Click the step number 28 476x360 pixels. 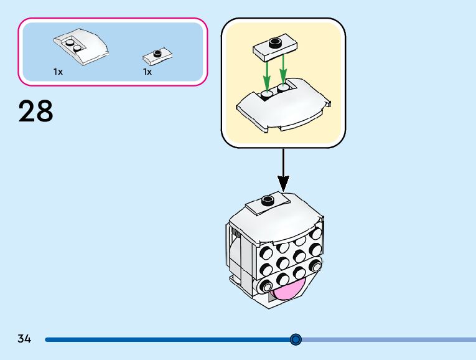coord(36,112)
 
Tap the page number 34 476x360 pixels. coord(24,339)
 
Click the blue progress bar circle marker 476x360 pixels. coord(296,339)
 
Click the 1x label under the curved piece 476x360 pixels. coord(58,72)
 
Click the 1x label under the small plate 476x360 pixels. coord(147,72)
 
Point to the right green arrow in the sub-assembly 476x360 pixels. coord(284,70)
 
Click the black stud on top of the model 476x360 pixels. coord(269,200)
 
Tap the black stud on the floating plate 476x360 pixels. coord(274,42)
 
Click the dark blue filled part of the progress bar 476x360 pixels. coord(168,339)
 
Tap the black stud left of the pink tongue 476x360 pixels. coord(269,287)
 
